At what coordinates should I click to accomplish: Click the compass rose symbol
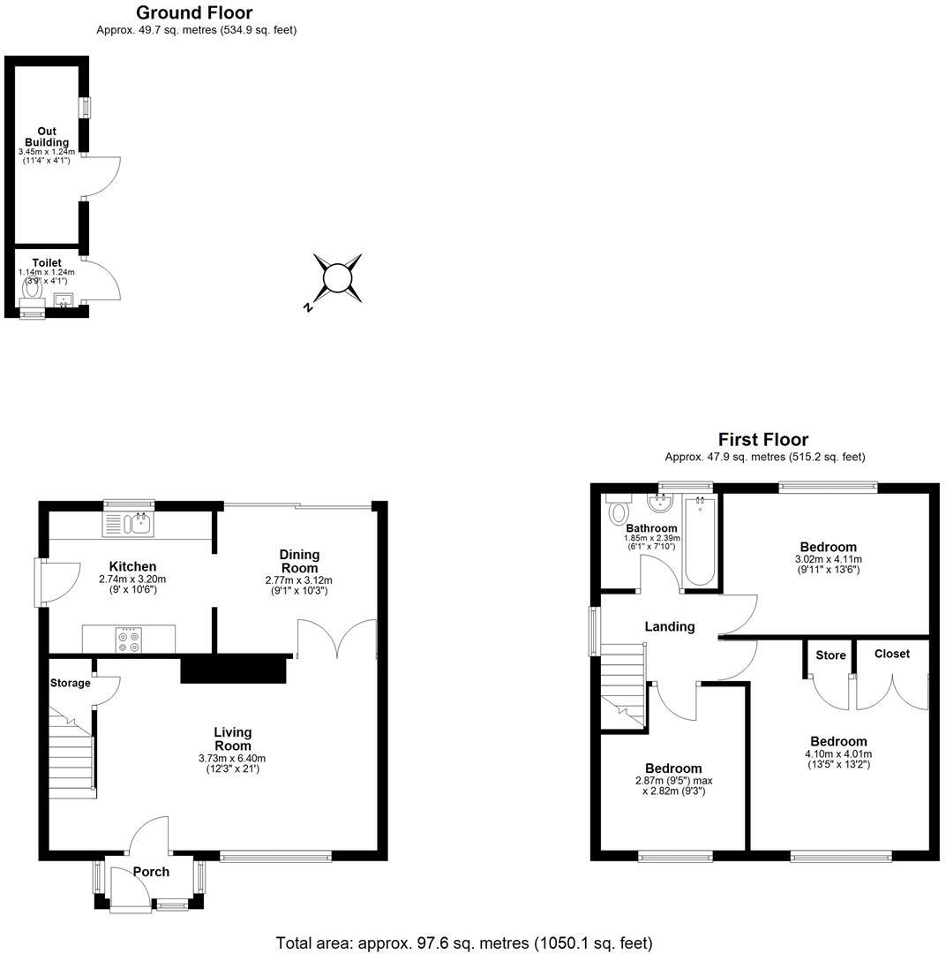click(x=338, y=279)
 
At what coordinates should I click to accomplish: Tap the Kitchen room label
click(x=132, y=566)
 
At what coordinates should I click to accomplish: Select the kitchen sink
click(x=139, y=525)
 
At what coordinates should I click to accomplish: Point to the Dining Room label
click(x=299, y=560)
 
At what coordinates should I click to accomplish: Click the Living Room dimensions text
click(x=232, y=763)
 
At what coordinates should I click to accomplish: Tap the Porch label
click(x=151, y=872)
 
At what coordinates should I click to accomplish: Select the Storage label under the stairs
click(x=70, y=683)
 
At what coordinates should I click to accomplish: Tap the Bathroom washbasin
click(x=659, y=503)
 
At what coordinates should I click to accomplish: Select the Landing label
click(x=670, y=626)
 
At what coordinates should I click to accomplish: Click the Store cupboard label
click(x=830, y=655)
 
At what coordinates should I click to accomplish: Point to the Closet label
click(x=891, y=654)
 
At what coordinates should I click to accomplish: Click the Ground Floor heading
click(x=194, y=12)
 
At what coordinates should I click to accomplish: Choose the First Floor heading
click(x=763, y=439)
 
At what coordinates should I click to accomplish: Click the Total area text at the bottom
click(x=464, y=943)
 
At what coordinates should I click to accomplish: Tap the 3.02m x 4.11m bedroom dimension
click(x=829, y=564)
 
